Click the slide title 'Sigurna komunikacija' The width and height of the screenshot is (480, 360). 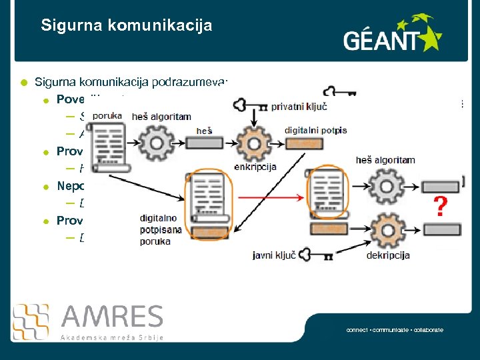click(x=127, y=26)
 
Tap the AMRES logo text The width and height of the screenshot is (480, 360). click(x=111, y=317)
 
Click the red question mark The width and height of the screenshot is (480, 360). click(x=440, y=207)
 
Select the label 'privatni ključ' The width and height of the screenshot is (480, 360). click(x=299, y=106)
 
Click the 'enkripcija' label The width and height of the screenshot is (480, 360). click(x=255, y=167)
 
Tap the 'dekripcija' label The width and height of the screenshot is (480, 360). click(x=387, y=255)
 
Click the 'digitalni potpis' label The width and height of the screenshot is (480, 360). click(x=315, y=131)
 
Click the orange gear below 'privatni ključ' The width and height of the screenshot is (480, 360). click(x=255, y=142)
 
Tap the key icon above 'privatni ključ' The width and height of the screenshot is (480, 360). click(x=339, y=93)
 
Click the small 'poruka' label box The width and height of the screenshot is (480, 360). click(x=107, y=115)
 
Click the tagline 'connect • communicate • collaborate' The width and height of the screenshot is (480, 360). click(x=395, y=330)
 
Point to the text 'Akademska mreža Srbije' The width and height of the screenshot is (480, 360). click(x=112, y=337)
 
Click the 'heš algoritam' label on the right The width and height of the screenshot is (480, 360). click(x=385, y=160)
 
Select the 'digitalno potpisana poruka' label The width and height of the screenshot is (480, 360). click(x=159, y=229)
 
